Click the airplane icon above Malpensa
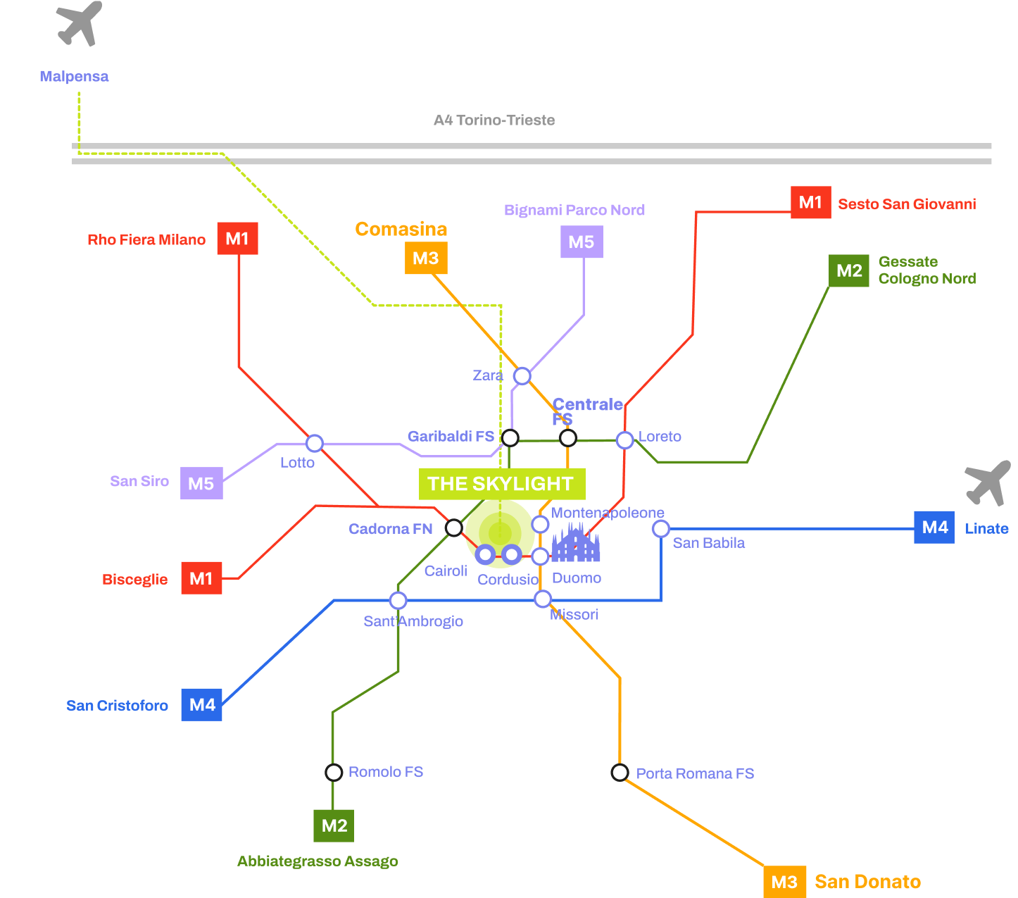coord(80,24)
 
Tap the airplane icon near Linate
coord(988,483)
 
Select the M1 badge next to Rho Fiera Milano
coord(237,239)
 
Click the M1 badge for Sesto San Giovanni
coord(810,203)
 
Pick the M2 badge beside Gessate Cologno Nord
coord(849,270)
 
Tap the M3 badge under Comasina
coord(426,258)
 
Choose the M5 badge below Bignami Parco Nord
coord(582,242)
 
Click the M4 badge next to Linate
coord(934,528)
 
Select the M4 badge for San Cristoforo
coord(202,704)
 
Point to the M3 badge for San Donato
coord(784,882)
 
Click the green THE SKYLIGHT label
coord(501,484)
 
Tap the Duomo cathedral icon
coord(575,544)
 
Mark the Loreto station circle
coord(624,440)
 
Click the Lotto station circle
coord(314,443)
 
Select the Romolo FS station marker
coord(334,773)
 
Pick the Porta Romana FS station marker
coord(620,773)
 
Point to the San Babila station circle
coord(660,529)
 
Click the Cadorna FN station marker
coord(454,528)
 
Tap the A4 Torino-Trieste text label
coord(494,120)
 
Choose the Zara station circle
coord(522,376)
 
